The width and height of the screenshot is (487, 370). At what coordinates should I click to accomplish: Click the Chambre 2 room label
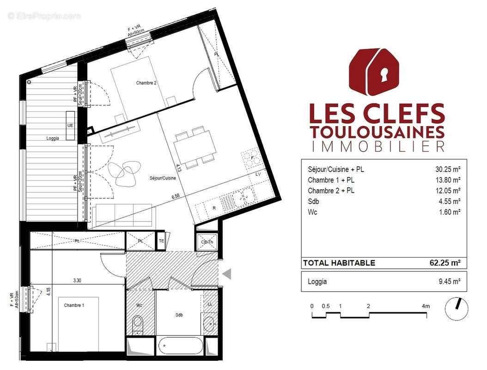tap(146, 83)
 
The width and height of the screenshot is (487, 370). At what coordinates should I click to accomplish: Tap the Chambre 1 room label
tap(74, 305)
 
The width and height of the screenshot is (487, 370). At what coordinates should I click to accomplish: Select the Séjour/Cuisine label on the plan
tap(162, 178)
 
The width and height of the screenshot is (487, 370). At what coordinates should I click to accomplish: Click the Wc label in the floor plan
tap(139, 305)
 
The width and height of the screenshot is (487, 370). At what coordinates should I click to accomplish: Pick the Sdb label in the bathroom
tap(179, 315)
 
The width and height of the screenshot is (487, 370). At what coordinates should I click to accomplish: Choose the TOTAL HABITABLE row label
tap(339, 263)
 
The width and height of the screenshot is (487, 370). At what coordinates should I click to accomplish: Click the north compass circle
tap(457, 308)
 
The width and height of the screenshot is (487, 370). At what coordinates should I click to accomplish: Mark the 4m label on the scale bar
tap(426, 306)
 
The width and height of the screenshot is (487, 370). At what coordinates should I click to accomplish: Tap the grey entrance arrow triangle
tap(226, 274)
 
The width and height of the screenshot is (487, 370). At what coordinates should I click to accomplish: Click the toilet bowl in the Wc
tap(138, 322)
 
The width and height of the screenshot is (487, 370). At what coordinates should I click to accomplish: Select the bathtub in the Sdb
tap(180, 346)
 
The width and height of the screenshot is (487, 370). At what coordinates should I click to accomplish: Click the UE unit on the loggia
tap(70, 125)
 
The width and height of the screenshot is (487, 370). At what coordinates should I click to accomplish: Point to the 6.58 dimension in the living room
tap(175, 197)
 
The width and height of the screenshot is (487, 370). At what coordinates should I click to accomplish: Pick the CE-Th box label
tap(207, 242)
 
